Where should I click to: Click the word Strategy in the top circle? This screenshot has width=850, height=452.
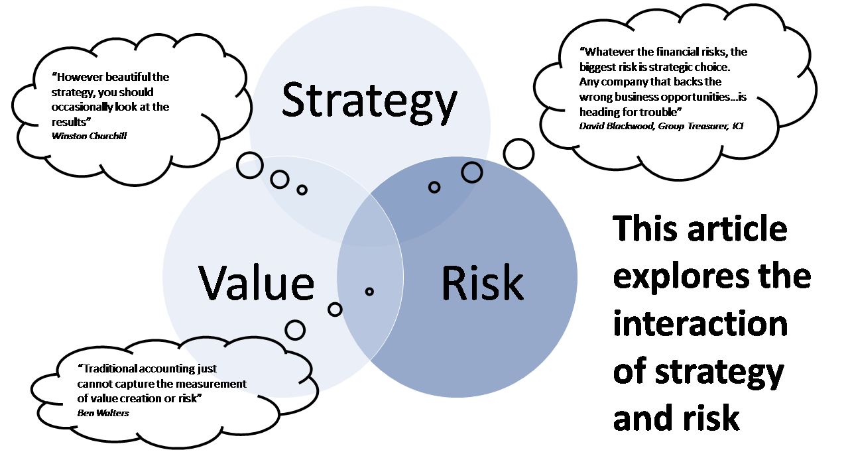coord(369,101)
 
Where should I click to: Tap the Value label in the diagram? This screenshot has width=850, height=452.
coord(257,282)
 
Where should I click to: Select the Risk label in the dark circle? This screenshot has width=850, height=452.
coord(483,282)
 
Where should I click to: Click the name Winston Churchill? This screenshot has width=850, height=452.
coord(89,136)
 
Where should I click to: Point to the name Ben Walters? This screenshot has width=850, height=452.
coord(103,413)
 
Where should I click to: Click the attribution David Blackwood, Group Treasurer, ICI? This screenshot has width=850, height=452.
coord(662,126)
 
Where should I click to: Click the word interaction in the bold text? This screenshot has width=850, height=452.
coord(701,323)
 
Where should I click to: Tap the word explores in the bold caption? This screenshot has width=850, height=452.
coord(681,278)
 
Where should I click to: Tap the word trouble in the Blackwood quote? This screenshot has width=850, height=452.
coord(659,112)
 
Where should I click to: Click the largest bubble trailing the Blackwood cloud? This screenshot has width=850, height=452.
coord(518,154)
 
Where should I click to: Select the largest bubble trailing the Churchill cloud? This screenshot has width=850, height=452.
coord(250,165)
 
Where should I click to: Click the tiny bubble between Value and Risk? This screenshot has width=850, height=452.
coord(369,291)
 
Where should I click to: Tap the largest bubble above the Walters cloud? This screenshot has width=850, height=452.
coord(295,330)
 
